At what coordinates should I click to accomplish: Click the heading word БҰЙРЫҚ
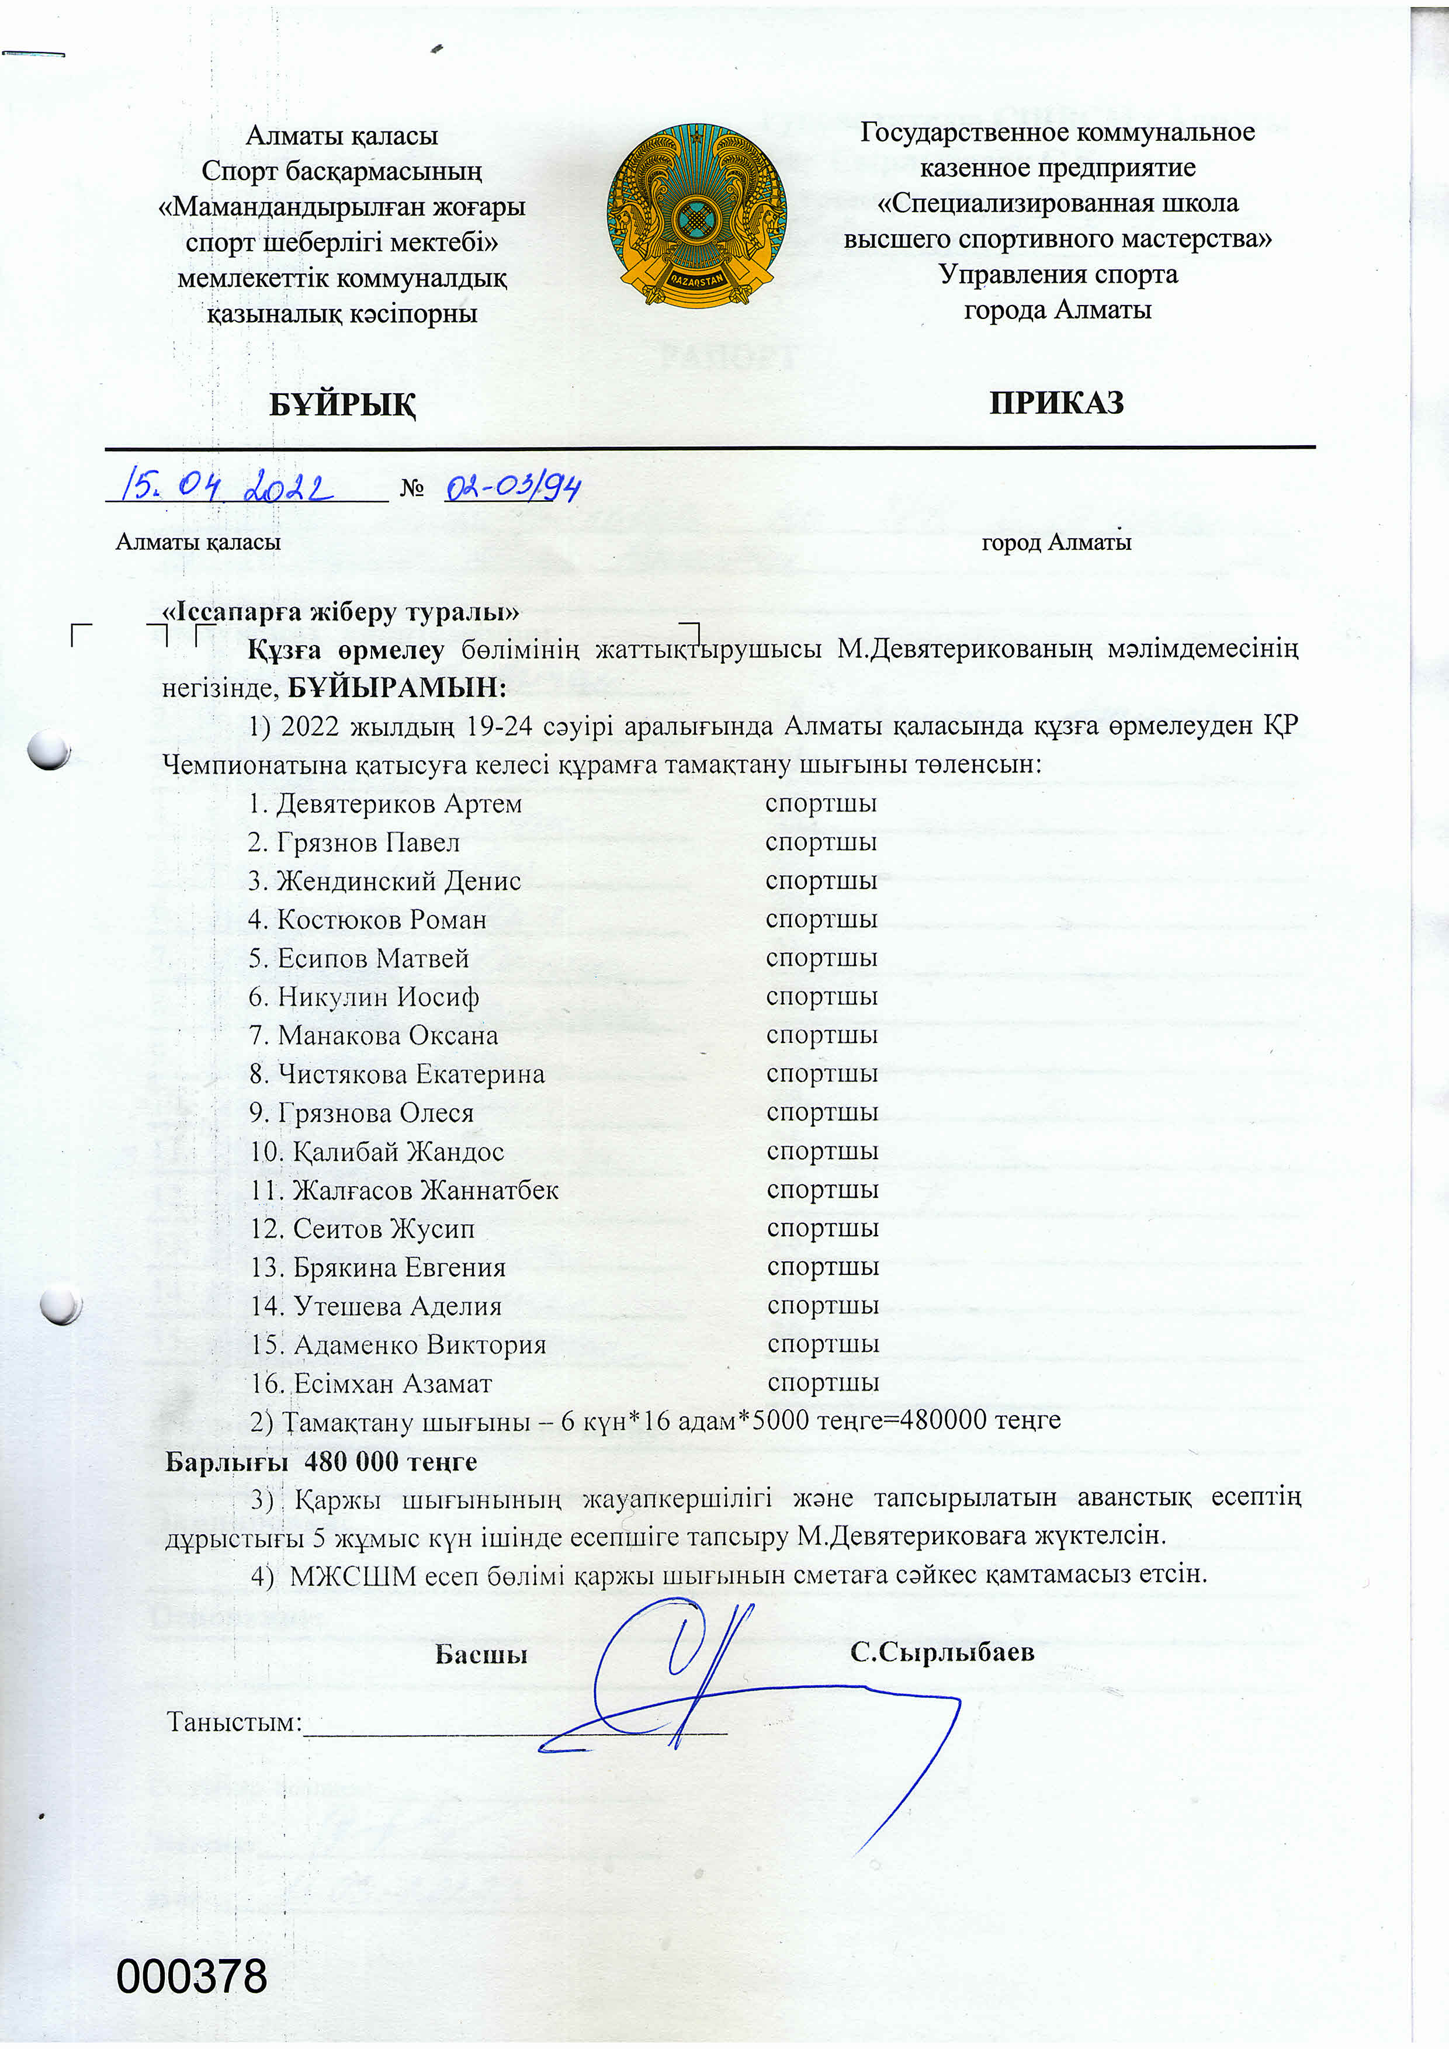point(342,404)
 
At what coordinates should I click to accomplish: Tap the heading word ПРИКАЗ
point(1056,403)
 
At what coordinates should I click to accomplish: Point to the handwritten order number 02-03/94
point(513,487)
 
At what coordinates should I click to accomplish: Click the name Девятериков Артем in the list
point(398,803)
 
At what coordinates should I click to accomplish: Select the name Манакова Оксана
point(387,1035)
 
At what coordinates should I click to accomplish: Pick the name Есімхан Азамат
point(393,1384)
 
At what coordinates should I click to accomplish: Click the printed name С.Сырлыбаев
point(942,1652)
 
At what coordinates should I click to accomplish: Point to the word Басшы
point(481,1655)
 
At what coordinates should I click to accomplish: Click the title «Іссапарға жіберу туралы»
point(340,612)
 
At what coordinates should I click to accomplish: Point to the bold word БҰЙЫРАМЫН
point(396,687)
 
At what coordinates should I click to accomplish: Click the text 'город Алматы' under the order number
point(1056,542)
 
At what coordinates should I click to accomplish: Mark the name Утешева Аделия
point(397,1306)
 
